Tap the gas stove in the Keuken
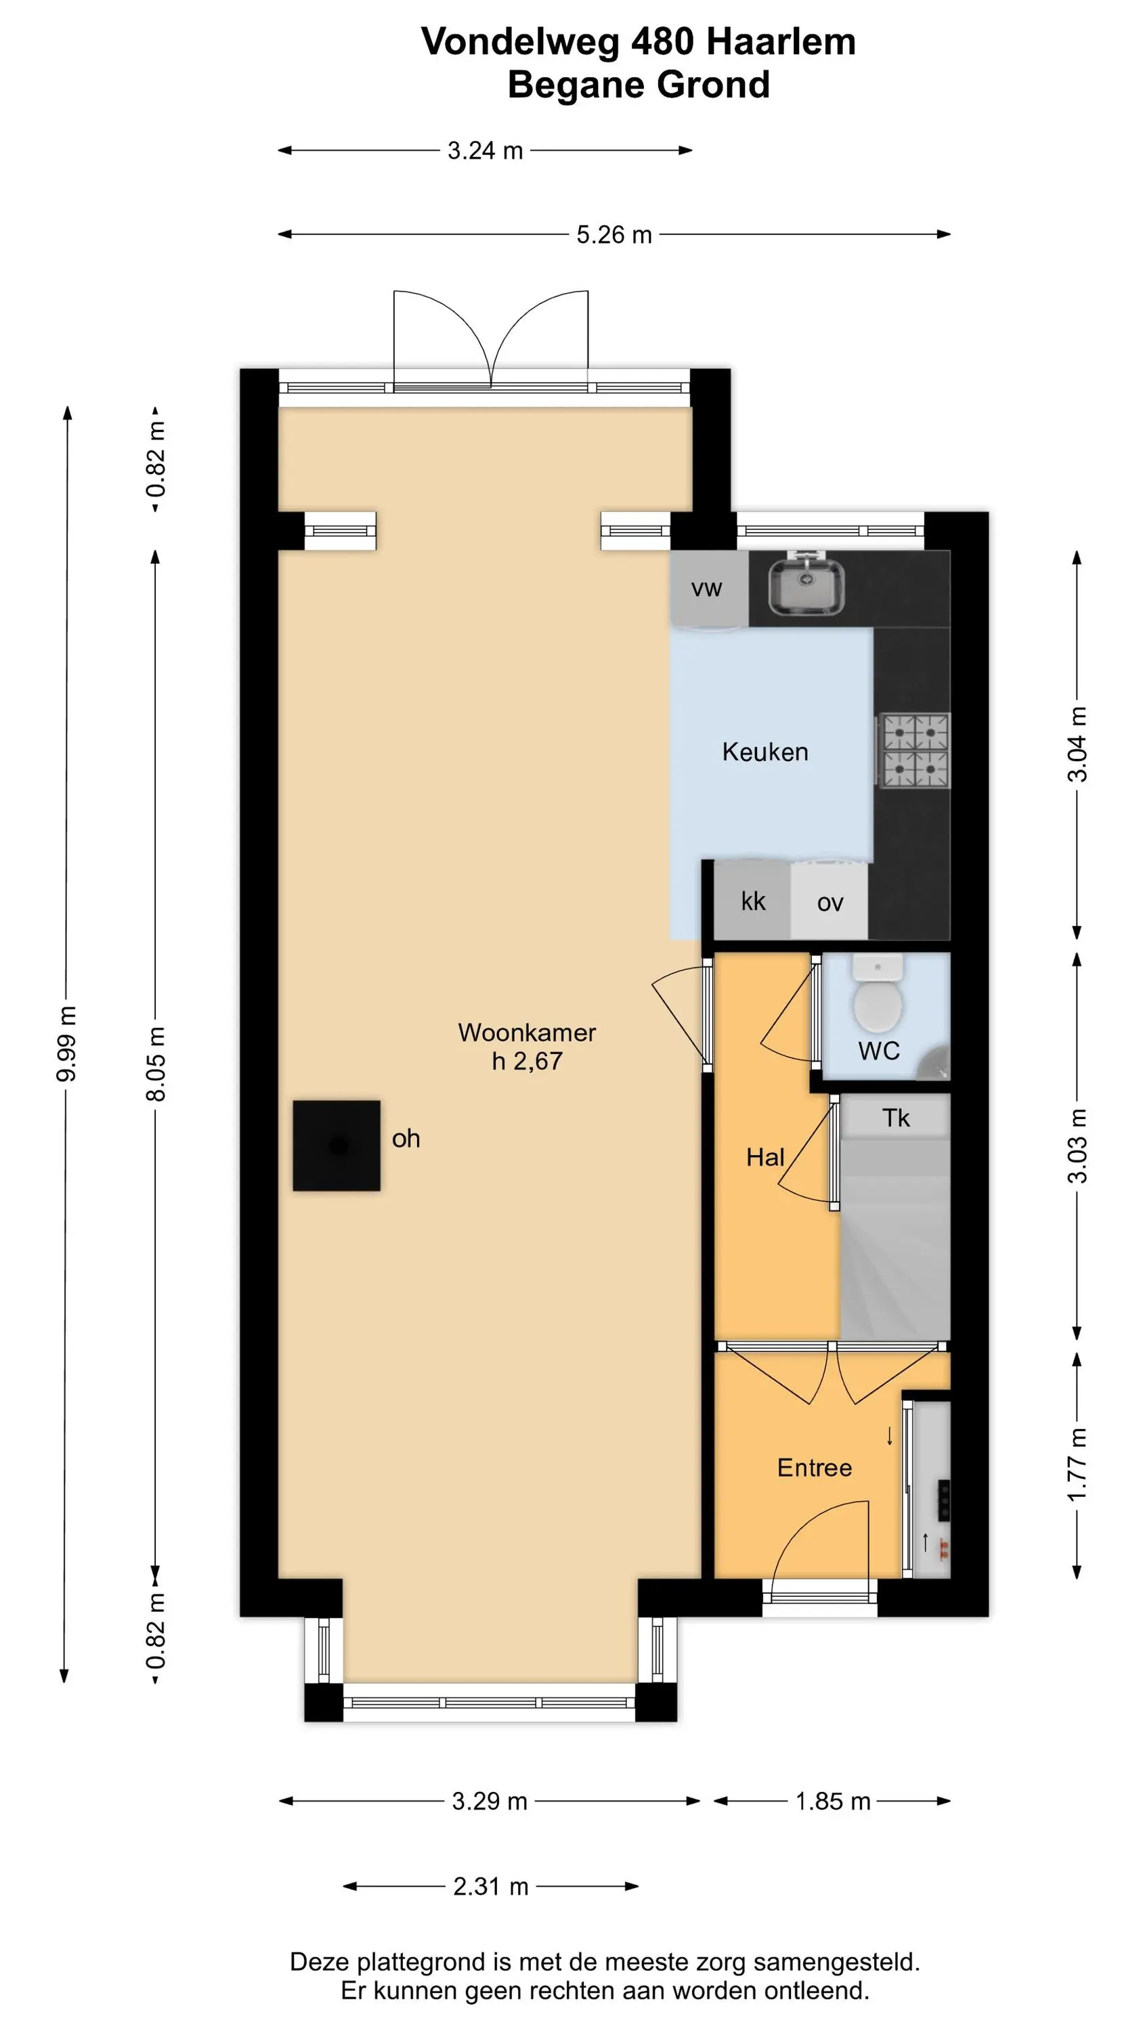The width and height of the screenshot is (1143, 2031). point(914,750)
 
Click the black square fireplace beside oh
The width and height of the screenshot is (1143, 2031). point(337,1145)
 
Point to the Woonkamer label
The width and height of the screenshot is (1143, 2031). point(527,1032)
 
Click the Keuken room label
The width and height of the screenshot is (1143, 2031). point(765,751)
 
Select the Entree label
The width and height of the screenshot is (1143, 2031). point(815,1467)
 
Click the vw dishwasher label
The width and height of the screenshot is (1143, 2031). point(707,588)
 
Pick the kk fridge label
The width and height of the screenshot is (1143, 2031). point(754,900)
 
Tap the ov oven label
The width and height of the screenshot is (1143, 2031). point(830,902)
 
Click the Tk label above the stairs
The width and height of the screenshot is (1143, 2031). point(896,1117)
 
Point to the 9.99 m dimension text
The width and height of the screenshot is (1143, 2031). point(67,1043)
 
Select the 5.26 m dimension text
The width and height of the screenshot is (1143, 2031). point(613,234)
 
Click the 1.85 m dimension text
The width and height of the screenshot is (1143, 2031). point(833,1801)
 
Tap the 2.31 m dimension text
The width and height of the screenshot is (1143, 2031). point(491,1887)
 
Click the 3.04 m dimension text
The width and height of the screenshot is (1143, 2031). point(1077,744)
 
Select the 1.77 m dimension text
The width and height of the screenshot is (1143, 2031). point(1077,1464)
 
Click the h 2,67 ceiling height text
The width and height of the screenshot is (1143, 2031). point(527,1062)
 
